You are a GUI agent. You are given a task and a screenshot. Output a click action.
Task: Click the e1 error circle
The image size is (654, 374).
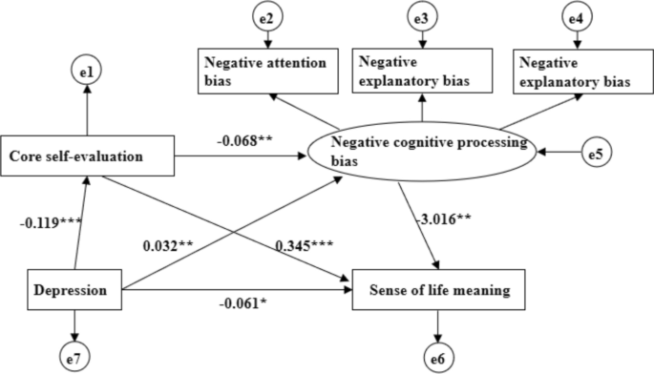[87, 69]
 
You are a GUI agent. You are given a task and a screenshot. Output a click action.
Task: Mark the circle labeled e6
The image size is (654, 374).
[439, 358]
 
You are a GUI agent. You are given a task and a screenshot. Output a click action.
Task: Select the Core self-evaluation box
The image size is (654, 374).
[87, 155]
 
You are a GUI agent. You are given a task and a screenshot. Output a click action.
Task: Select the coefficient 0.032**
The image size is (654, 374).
[169, 246]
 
